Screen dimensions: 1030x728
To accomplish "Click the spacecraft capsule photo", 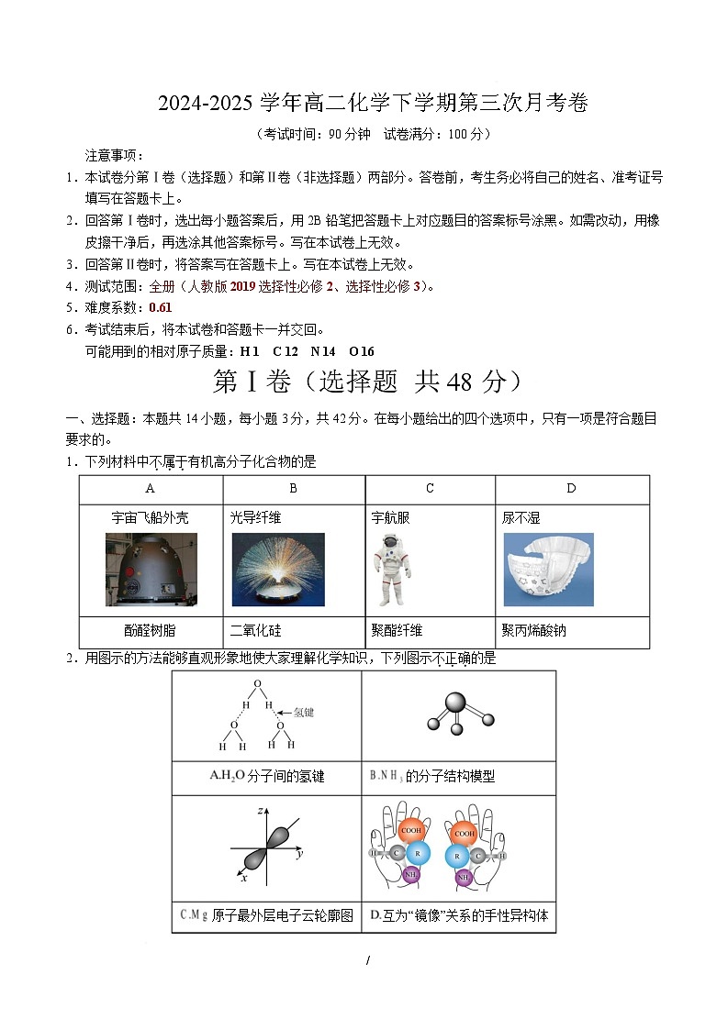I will [x=151, y=569].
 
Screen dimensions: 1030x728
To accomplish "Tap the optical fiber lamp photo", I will [x=277, y=569].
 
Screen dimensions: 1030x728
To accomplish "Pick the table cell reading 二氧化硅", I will [x=256, y=631].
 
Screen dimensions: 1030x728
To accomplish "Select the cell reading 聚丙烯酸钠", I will [x=533, y=631].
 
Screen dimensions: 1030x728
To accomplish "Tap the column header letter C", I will [x=430, y=489].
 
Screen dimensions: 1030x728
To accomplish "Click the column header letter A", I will [x=150, y=489].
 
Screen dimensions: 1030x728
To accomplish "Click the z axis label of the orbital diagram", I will [x=262, y=810].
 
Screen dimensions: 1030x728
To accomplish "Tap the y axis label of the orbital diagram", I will [x=300, y=853].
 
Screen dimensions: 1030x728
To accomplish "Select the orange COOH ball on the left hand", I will [x=412, y=831].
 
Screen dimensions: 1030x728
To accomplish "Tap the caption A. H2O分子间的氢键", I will [x=266, y=777].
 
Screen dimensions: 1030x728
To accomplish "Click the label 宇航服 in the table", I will [x=391, y=518].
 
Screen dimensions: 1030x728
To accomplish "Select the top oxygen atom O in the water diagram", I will [x=257, y=684].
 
